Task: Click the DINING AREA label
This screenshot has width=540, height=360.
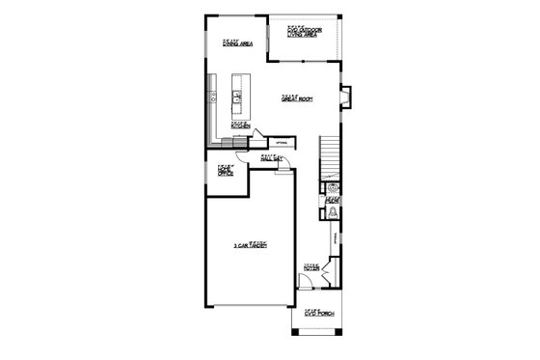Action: click(236, 43)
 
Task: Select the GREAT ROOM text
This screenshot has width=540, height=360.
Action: click(294, 98)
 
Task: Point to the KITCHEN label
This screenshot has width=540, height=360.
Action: click(240, 125)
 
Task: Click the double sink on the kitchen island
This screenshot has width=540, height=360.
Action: click(236, 97)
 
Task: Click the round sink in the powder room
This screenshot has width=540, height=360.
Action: click(333, 188)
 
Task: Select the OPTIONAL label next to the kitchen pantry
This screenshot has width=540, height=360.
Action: click(282, 143)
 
